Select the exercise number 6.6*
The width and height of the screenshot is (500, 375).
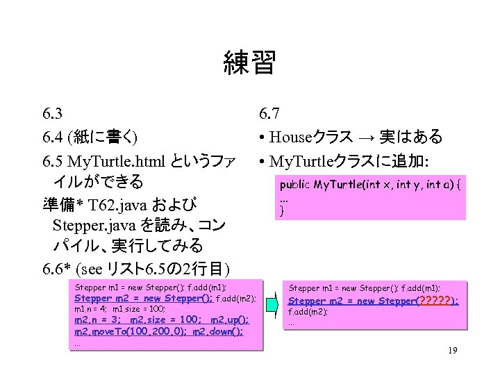pyautogui.click(x=57, y=269)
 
